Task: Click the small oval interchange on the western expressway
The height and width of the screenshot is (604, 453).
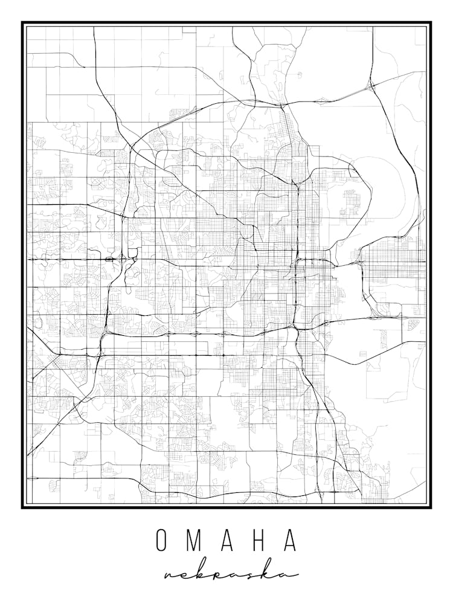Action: click(x=110, y=259)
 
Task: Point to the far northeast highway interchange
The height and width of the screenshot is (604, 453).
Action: click(x=372, y=86)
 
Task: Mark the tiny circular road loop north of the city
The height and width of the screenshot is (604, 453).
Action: click(x=299, y=74)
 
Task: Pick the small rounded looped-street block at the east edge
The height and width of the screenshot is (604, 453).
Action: click(x=413, y=324)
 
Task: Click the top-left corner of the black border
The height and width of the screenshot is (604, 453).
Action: click(x=23, y=23)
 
